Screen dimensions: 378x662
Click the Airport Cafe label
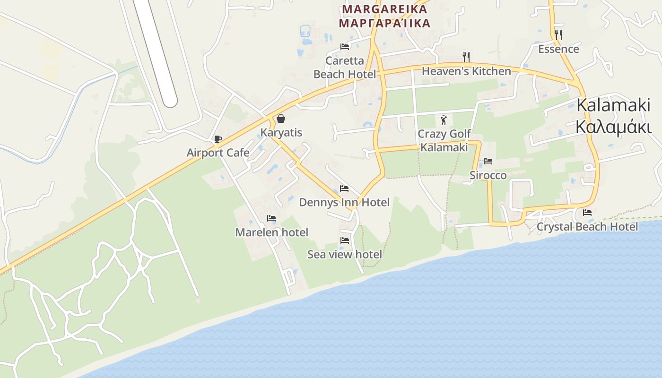(218, 153)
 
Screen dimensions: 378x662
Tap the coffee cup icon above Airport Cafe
(218, 139)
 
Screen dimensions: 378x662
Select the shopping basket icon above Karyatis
(281, 118)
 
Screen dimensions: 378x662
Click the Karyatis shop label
(281, 132)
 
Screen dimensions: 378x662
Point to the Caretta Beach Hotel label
(345, 68)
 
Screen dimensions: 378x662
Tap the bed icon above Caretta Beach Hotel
(345, 47)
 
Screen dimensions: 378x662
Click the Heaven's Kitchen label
(466, 71)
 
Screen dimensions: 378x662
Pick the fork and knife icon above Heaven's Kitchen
(466, 57)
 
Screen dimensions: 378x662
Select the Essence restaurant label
(558, 49)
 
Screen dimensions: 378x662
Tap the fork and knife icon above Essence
(558, 34)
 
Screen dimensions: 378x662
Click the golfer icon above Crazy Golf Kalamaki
(444, 120)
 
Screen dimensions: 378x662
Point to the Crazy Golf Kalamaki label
(444, 140)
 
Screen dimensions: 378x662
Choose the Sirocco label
(488, 175)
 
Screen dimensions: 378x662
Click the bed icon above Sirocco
(488, 161)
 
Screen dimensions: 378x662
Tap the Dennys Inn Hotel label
(344, 203)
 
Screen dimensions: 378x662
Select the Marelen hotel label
(271, 232)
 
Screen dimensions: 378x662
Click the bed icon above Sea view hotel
(345, 241)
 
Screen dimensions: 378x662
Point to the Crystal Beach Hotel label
(587, 227)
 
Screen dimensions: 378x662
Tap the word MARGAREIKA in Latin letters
(385, 9)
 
